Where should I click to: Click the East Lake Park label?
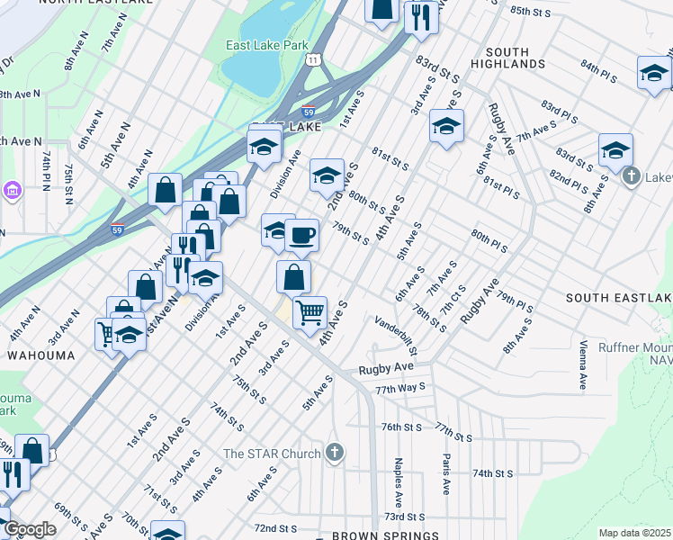[x=266, y=45]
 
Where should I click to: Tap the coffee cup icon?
[x=301, y=236]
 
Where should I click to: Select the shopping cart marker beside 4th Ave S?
[x=310, y=313]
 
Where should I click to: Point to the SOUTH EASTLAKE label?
[x=619, y=298]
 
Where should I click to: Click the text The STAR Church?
[x=273, y=454]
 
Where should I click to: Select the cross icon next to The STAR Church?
[x=335, y=453]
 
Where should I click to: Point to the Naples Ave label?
[x=397, y=481]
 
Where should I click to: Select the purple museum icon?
[x=12, y=191]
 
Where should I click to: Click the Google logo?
[x=30, y=529]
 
